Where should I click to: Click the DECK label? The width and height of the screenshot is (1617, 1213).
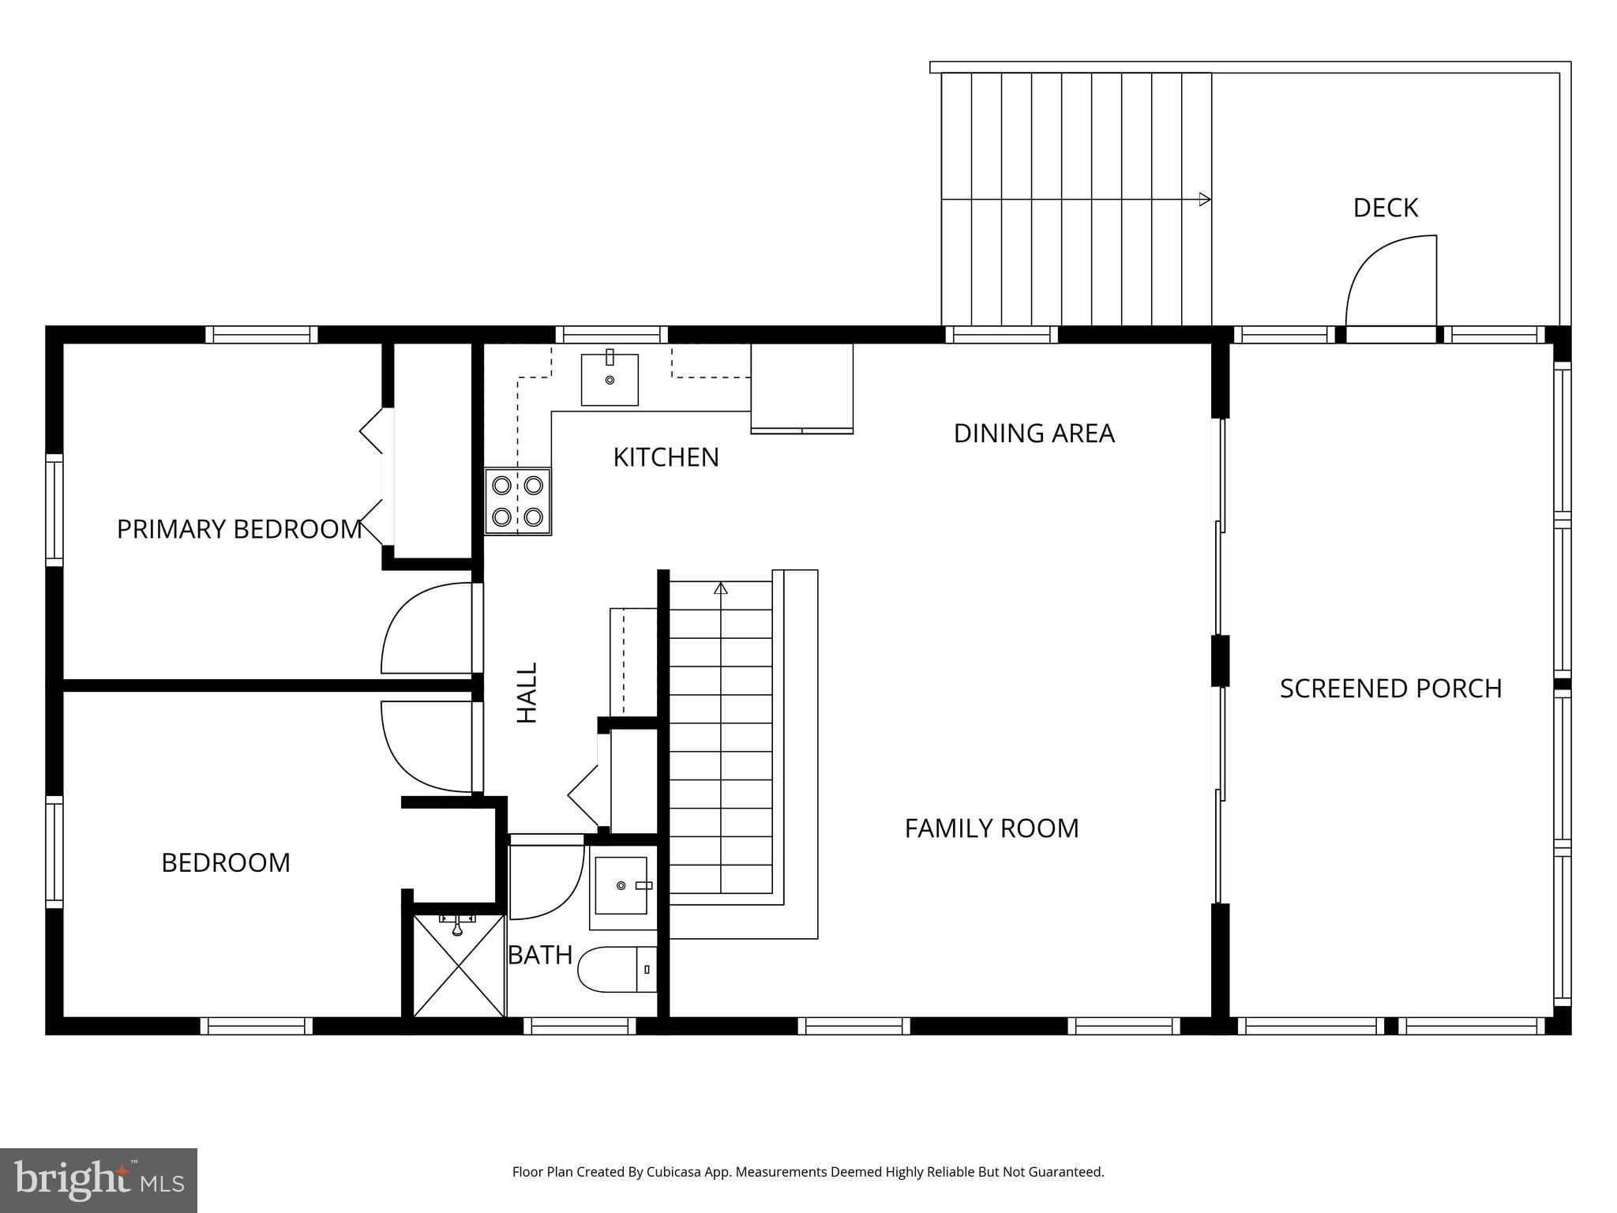coord(1385,208)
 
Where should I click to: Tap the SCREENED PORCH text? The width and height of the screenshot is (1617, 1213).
coord(1390,689)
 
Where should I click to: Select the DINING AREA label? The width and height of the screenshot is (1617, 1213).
coord(1034,434)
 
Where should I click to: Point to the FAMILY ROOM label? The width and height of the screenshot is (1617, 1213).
coord(991,828)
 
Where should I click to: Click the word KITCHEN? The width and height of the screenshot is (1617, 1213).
coord(666,457)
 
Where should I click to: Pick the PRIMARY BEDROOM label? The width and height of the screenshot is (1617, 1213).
coord(239,529)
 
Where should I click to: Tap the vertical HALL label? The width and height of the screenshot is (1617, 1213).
coord(527,693)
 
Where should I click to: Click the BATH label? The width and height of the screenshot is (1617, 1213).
coord(540,956)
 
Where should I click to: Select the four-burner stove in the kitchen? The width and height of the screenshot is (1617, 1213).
coord(518,501)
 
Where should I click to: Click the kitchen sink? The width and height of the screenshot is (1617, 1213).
coord(610,380)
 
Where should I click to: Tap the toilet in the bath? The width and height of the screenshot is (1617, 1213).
coord(617,969)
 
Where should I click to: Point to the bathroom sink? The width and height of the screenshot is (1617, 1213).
coord(621,885)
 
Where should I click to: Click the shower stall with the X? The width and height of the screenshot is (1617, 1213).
coord(459,965)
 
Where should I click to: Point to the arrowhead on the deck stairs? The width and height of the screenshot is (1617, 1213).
coord(1205,200)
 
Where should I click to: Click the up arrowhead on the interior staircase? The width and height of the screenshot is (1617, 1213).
coord(720,588)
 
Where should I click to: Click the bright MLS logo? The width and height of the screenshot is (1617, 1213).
coord(98,1180)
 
